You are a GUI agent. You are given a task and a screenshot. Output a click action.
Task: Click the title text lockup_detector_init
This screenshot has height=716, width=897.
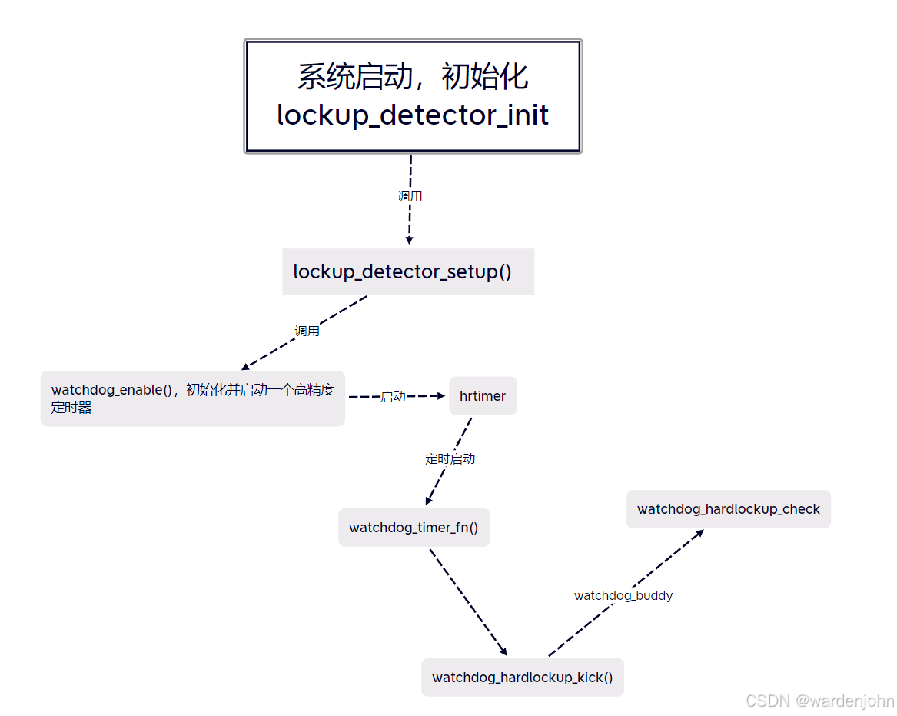point(413,115)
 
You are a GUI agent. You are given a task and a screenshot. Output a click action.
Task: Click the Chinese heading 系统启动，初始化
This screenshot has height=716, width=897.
point(413,77)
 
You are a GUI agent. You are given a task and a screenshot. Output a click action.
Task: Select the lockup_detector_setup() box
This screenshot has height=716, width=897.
point(407,271)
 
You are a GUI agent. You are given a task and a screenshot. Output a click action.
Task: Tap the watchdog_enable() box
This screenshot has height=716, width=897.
point(192,398)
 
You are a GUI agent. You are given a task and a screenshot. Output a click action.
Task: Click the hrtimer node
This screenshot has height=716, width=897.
point(483,396)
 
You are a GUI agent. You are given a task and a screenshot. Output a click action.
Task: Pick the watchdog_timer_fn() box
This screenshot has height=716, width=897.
point(414,528)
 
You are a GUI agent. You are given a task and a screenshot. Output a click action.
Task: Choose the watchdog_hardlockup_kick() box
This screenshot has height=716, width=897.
point(522,678)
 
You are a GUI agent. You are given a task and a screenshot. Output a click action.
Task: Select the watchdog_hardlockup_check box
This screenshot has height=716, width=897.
point(728,509)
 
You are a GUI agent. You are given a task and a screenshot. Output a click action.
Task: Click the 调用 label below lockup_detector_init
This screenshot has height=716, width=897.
point(410,197)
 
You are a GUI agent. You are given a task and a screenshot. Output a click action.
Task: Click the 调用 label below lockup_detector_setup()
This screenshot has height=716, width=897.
point(307,331)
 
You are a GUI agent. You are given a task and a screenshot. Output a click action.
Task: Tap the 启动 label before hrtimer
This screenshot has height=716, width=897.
point(393,397)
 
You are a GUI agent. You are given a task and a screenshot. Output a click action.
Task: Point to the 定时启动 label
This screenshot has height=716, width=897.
point(450,459)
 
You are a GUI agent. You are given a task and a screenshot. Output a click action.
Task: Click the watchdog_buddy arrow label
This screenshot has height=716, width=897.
point(623,596)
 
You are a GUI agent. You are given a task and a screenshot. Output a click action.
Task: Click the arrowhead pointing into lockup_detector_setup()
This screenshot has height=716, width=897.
point(409,241)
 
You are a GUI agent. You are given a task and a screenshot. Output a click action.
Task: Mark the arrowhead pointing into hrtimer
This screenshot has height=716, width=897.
point(441,396)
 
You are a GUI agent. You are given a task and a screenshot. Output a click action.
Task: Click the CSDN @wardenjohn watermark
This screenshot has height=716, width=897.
point(819,701)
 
